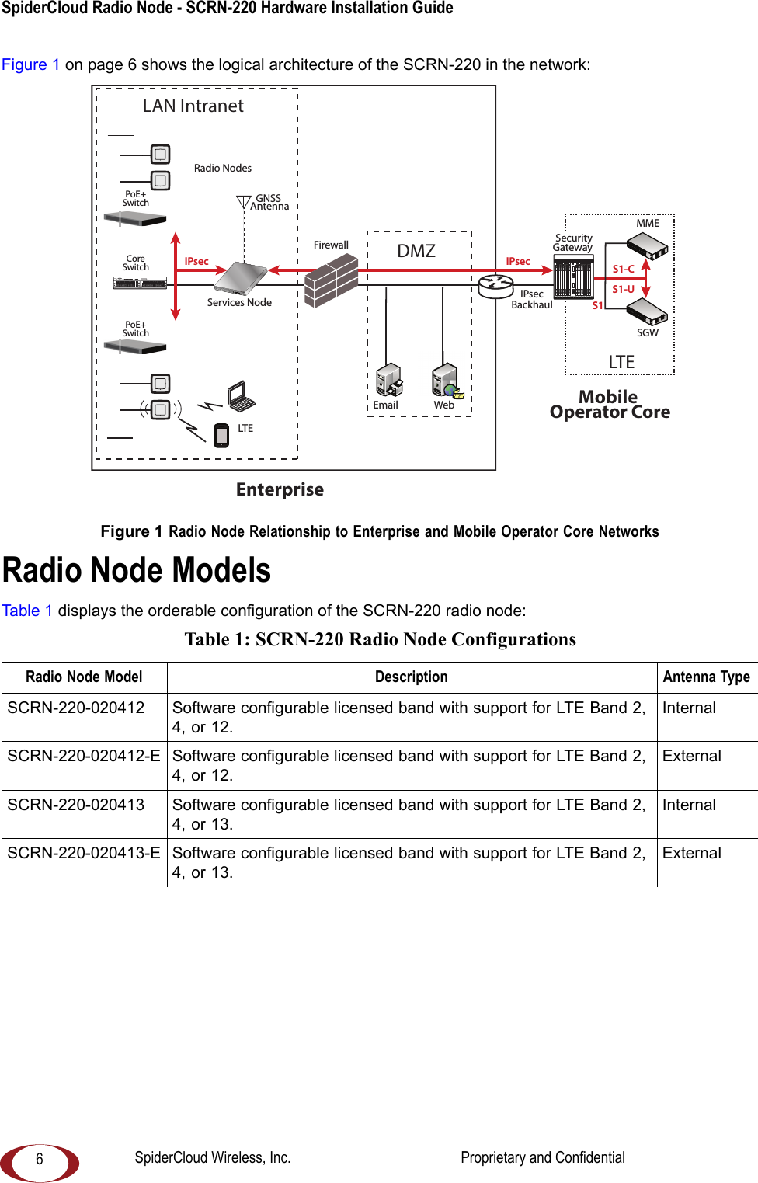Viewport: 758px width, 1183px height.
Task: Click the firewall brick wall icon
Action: [331, 280]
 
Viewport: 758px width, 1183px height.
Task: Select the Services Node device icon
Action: [241, 278]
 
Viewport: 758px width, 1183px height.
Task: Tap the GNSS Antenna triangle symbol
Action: [244, 203]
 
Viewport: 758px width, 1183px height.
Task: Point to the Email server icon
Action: [388, 381]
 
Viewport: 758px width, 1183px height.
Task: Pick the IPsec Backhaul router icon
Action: [495, 286]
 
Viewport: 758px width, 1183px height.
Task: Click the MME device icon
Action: [648, 245]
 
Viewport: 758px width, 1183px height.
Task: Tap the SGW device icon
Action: [648, 311]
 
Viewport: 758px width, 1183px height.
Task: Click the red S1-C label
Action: [623, 269]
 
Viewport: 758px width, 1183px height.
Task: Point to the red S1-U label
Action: [623, 289]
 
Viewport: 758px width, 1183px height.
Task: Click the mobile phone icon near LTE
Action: [221, 435]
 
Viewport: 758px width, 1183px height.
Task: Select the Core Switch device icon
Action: [140, 283]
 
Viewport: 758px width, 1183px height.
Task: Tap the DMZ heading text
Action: [416, 251]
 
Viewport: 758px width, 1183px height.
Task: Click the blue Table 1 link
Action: [27, 611]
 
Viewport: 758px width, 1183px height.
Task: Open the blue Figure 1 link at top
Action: [30, 64]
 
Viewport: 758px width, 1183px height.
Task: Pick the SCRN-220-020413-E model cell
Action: [84, 853]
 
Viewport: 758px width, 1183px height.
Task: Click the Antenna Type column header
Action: [706, 677]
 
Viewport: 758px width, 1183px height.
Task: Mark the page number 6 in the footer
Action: [40, 1160]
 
